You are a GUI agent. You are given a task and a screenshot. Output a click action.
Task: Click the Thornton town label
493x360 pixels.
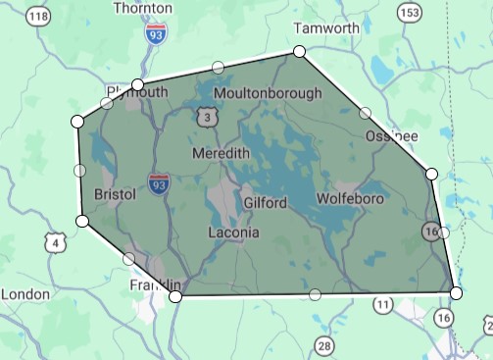point(143,8)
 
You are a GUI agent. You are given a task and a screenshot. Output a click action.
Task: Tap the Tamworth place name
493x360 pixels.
point(326,27)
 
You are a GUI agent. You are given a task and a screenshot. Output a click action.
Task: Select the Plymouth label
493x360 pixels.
point(138,92)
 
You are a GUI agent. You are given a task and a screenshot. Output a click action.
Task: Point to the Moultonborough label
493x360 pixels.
point(267,93)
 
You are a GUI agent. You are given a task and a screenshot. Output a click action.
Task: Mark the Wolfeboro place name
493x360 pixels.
point(350,199)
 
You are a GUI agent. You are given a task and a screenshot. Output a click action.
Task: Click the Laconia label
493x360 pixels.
point(234,232)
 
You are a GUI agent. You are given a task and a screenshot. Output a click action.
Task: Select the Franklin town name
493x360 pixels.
point(154,284)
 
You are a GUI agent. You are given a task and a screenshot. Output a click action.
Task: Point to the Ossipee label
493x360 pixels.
point(392,134)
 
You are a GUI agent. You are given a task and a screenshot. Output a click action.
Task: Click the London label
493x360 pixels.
point(25,293)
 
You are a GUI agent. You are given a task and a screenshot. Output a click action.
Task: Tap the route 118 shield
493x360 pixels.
point(38,17)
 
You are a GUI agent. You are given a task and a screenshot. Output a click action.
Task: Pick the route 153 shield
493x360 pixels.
point(408,12)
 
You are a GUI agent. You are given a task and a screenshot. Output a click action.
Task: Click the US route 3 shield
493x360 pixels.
point(206,118)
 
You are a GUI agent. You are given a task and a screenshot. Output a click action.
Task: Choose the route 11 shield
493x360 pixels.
point(382,306)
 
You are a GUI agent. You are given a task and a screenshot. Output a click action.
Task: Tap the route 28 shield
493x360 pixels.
point(324,344)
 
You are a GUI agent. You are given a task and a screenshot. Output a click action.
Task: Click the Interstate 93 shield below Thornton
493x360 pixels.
point(156,33)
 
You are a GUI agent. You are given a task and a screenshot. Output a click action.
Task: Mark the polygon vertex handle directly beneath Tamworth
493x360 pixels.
point(299,51)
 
